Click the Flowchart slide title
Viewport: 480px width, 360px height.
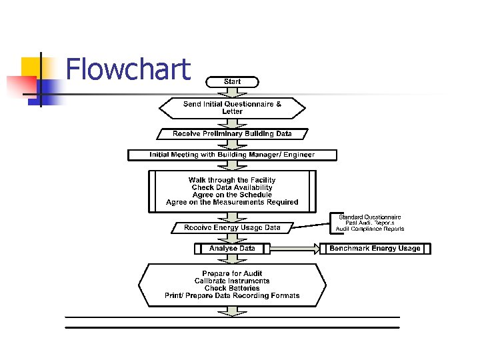tap(128, 69)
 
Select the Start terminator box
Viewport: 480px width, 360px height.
tap(232, 81)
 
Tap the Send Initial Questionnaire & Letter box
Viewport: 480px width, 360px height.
tap(232, 108)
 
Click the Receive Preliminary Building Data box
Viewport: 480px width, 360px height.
tap(232, 134)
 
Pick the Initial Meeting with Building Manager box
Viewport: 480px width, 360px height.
tap(232, 155)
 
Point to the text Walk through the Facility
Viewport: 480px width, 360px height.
tap(232, 180)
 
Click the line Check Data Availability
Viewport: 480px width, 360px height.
tap(232, 187)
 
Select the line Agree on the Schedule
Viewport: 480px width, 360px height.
tap(232, 195)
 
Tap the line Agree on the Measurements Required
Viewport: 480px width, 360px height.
tap(232, 202)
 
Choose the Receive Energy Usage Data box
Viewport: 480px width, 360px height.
tap(232, 228)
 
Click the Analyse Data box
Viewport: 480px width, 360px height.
tap(232, 249)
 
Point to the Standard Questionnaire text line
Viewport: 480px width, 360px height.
tap(369, 217)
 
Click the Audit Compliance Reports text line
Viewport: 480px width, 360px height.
tap(369, 229)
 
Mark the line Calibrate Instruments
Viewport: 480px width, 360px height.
tap(232, 281)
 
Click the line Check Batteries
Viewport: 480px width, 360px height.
tap(232, 288)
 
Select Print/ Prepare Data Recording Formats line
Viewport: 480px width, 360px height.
tap(232, 295)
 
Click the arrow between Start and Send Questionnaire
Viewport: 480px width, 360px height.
tap(232, 92)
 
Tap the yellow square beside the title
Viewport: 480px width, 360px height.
tap(31, 67)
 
